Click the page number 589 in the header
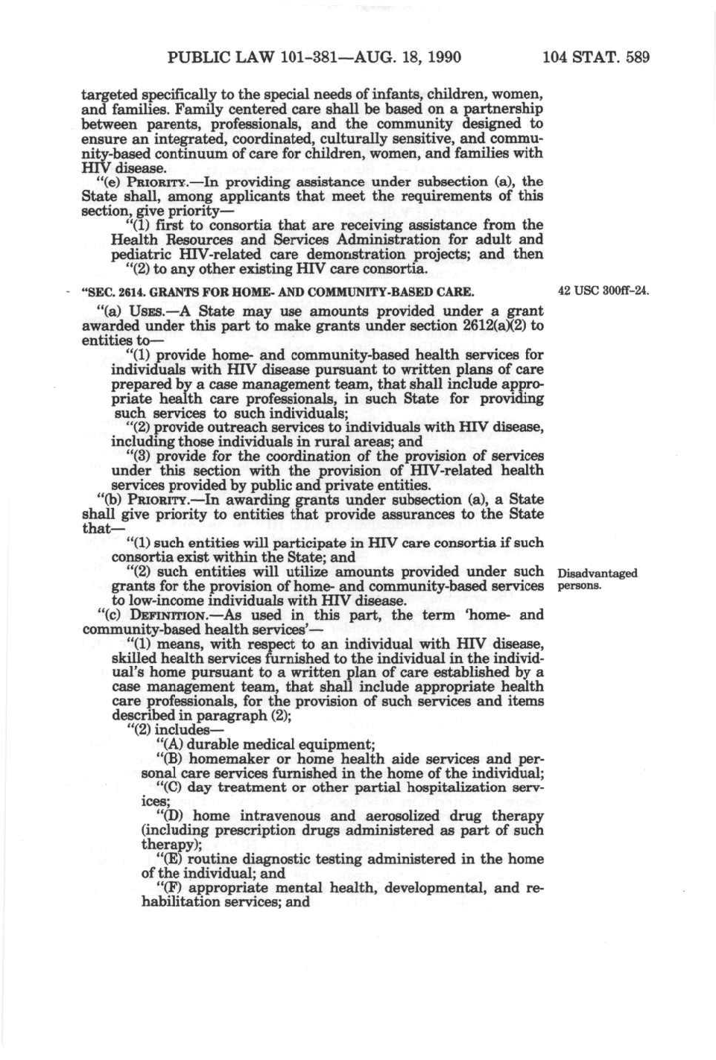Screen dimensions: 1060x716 click(636, 57)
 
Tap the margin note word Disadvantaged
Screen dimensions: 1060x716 click(597, 573)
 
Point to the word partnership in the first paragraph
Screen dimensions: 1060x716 click(501, 109)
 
